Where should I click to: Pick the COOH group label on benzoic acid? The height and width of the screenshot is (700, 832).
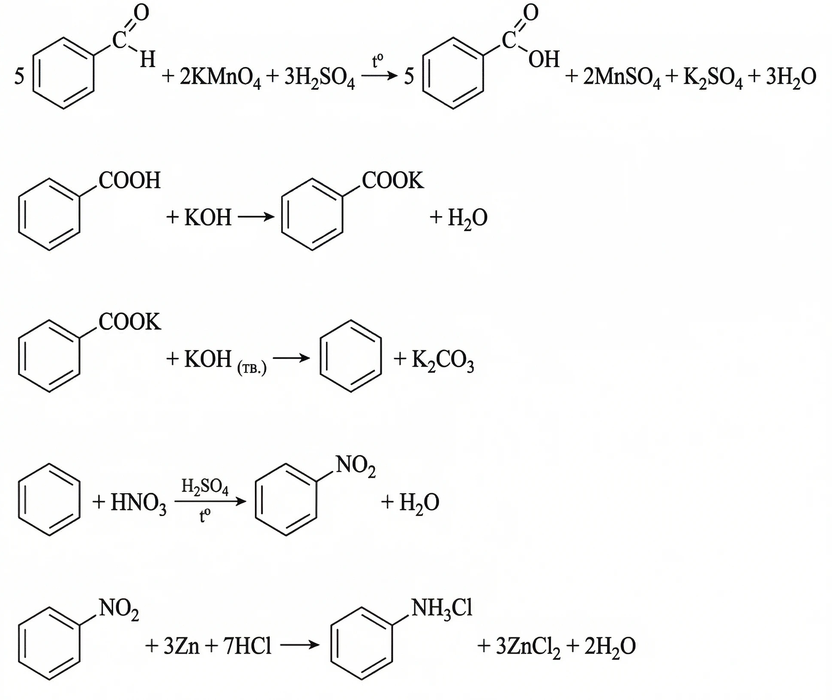129,181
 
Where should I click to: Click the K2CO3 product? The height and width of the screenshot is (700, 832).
443,360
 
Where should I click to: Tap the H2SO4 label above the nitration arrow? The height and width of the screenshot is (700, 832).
205,487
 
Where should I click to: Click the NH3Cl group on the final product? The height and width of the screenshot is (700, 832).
442,608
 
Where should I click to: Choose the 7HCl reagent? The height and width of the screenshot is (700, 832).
247,646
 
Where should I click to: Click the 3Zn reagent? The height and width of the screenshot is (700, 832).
181,646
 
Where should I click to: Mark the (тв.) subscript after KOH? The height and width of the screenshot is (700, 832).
252,368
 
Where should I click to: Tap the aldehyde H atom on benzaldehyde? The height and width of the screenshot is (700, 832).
147,59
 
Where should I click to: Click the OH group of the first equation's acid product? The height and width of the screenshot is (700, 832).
544,59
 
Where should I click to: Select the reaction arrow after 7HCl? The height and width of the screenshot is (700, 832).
299,645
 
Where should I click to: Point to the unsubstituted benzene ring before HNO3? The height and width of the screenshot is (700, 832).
49,499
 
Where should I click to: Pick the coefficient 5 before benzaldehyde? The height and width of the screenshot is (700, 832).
19,77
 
